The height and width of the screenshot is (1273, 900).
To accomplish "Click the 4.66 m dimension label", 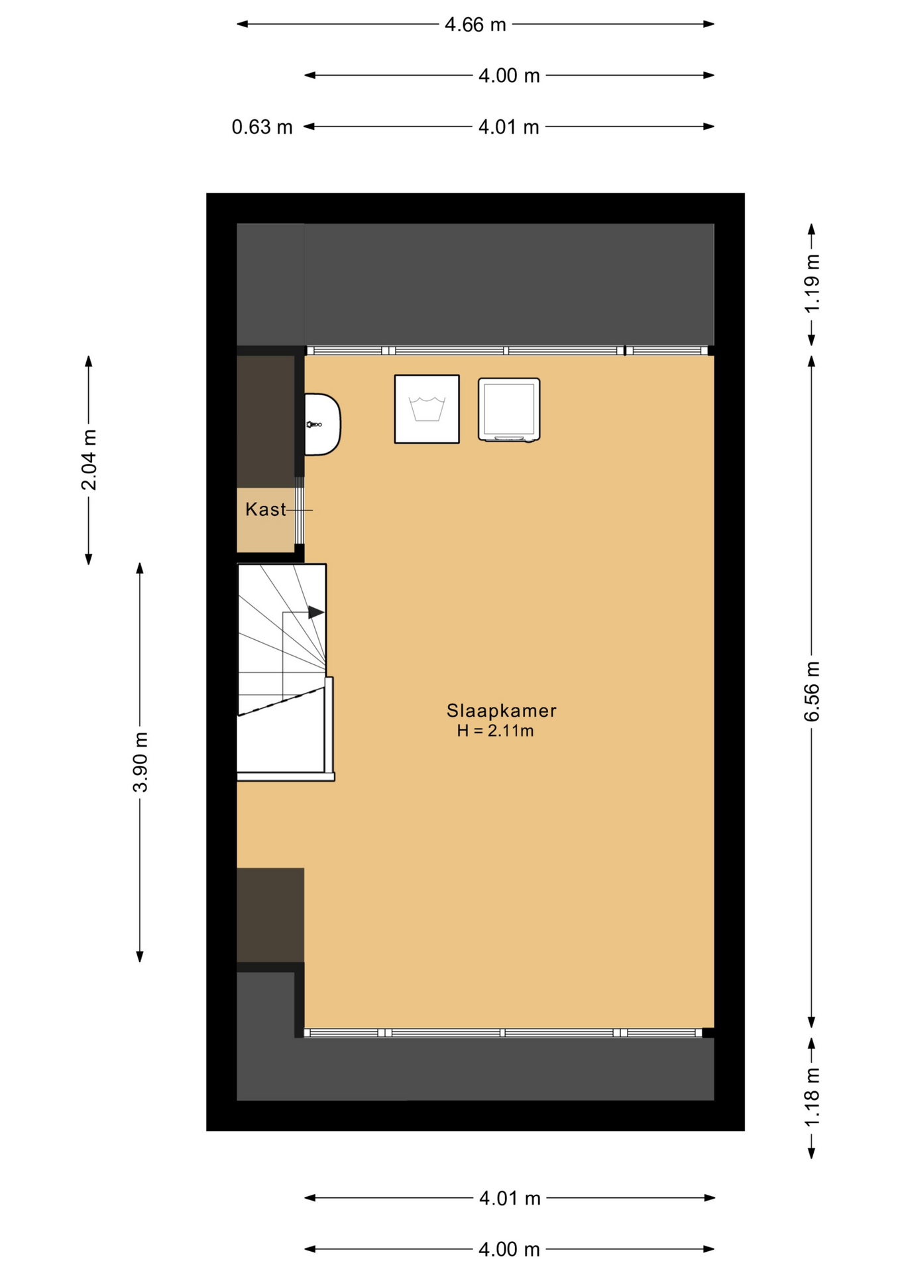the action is coord(475,25).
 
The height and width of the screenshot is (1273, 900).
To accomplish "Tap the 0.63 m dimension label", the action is coord(262,127).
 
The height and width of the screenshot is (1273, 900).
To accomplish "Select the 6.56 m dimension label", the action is coord(812,691).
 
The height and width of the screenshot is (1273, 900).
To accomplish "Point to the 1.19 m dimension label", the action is coord(812,283).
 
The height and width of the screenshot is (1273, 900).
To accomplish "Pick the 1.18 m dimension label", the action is coord(812,1097).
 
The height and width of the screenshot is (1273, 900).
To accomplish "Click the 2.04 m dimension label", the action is coord(89,459).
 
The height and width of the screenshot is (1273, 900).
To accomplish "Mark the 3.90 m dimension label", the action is coord(141,762).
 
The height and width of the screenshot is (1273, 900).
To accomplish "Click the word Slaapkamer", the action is coord(501,711).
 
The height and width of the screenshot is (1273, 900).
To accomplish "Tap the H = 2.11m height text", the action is coord(495,731).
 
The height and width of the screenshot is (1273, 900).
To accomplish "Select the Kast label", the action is coord(266,509).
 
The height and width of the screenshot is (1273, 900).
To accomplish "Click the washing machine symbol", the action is coord(427,409).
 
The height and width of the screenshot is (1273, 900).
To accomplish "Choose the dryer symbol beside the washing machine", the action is coord(509,410).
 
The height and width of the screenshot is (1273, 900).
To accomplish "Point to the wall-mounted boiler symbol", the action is coord(322,424).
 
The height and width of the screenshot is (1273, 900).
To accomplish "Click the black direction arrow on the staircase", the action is coord(316,613).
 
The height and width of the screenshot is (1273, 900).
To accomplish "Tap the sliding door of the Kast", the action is coord(300,516).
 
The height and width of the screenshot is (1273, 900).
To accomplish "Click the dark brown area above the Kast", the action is coord(266,422).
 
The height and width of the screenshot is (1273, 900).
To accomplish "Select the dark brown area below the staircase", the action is coord(270,915).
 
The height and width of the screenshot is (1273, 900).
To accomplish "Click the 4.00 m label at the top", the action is coord(509,76).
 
